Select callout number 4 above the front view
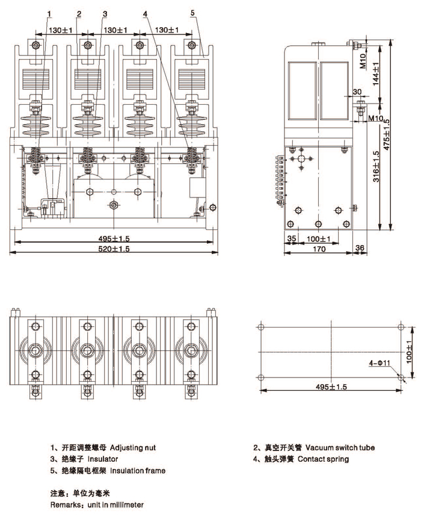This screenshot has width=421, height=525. [144, 13]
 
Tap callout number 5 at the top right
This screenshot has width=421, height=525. [192, 12]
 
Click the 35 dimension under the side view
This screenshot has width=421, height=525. [292, 239]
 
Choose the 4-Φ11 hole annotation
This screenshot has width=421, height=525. [380, 363]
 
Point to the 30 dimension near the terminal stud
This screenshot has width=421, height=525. [357, 92]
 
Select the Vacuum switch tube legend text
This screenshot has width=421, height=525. [340, 448]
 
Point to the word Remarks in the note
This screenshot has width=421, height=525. [66, 505]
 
